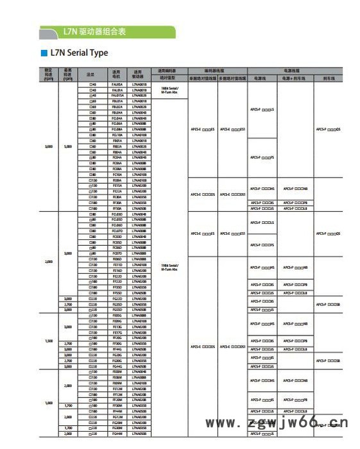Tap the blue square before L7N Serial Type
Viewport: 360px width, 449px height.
(44, 53)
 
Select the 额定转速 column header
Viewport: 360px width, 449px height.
(49, 72)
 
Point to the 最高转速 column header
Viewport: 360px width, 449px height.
(68, 72)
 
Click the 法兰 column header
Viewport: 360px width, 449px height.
(91, 73)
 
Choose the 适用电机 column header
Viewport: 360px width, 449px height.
(117, 73)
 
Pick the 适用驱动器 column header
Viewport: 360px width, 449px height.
(139, 73)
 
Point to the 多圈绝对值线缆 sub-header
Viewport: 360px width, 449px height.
(232, 77)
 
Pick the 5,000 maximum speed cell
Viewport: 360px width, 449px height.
(68, 146)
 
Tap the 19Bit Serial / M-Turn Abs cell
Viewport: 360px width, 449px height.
(169, 266)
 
